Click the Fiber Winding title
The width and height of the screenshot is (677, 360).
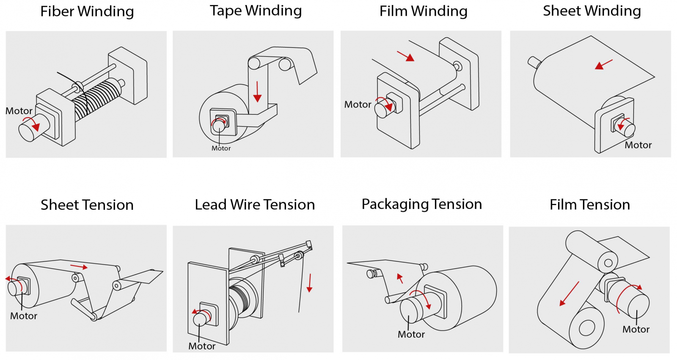(87, 11)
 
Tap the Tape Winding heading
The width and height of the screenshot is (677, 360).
(256, 11)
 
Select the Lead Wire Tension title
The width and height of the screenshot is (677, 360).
(255, 205)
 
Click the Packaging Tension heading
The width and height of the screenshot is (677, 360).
(421, 204)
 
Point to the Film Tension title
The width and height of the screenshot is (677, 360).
(589, 205)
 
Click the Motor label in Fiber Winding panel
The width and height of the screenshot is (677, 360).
(19, 111)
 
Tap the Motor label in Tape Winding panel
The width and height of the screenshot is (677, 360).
(221, 148)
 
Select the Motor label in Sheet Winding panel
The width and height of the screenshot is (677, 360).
(638, 145)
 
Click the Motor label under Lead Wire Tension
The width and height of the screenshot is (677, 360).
(202, 346)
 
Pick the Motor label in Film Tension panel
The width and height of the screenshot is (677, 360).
(636, 329)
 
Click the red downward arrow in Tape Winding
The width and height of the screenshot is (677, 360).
(257, 92)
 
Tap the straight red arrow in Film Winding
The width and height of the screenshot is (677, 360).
(405, 56)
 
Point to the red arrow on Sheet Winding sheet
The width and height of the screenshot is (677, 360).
(604, 64)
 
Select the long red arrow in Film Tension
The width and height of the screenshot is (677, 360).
(569, 294)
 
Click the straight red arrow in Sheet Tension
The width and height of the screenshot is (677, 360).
(79, 267)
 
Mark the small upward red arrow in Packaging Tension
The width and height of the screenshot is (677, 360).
(400, 278)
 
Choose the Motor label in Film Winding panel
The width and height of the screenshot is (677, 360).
(358, 104)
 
